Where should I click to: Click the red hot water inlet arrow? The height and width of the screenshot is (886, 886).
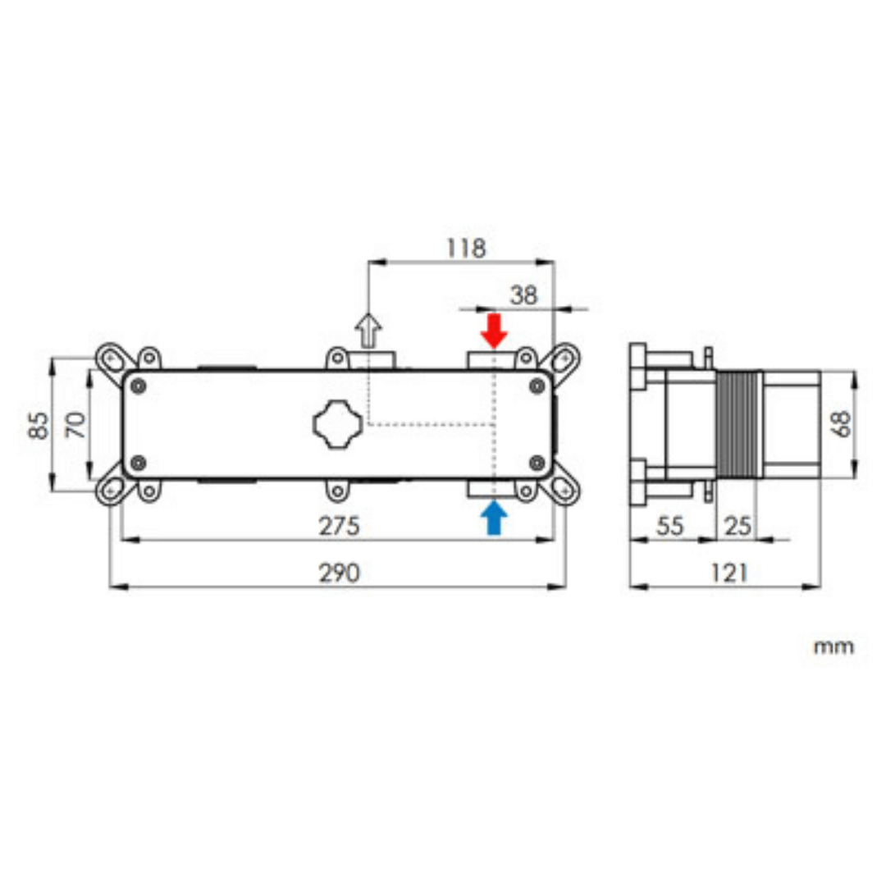(495, 329)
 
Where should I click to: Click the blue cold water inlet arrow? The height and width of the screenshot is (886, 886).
(495, 518)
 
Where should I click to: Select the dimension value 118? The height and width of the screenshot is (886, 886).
(466, 248)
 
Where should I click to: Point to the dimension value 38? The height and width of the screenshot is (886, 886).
(523, 295)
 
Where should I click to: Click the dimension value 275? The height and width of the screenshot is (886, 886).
(339, 526)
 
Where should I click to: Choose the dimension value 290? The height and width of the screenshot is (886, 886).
(339, 573)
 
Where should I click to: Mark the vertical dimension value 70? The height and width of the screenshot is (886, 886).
(75, 424)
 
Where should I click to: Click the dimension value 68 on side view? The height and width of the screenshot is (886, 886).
(840, 424)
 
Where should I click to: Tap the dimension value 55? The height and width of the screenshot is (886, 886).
(670, 526)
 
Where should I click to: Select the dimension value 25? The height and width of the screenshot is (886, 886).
(738, 526)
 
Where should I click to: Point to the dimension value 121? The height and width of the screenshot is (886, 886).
(727, 573)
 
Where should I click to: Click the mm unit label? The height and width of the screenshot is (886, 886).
(833, 646)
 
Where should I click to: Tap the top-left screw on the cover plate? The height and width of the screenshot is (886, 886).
(139, 386)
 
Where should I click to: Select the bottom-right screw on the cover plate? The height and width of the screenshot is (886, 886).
(537, 462)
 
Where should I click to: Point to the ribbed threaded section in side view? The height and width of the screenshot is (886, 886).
(740, 424)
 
